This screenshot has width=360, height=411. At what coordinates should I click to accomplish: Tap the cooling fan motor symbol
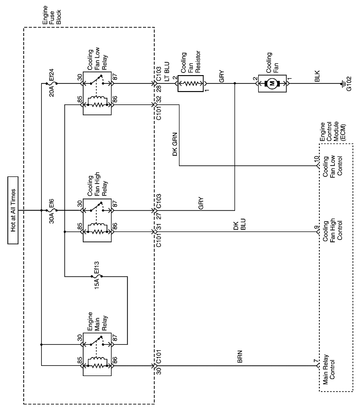click(272, 82)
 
